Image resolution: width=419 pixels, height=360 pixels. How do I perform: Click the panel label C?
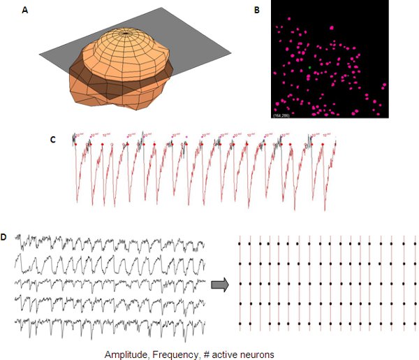coord(53,139)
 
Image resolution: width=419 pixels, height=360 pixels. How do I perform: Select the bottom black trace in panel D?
coord(112,325)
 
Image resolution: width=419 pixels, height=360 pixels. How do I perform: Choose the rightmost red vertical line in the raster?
coord(415,283)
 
